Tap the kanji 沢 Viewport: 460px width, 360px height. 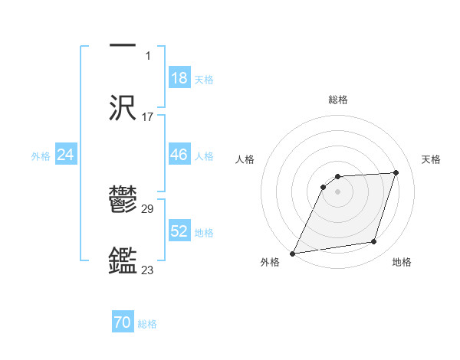pyautogui.click(x=123, y=106)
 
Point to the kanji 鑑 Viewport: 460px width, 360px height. pyautogui.click(x=123, y=260)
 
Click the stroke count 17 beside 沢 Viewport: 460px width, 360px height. pyautogui.click(x=148, y=117)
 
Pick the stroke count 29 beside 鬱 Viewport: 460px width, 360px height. pyautogui.click(x=148, y=209)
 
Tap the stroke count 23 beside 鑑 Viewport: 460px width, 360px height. pyautogui.click(x=148, y=270)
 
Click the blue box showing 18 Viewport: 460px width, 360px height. pyautogui.click(x=179, y=78)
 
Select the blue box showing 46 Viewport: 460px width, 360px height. pyautogui.click(x=179, y=155)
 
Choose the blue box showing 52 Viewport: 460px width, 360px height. pyautogui.click(x=179, y=231)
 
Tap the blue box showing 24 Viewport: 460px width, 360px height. pyautogui.click(x=66, y=155)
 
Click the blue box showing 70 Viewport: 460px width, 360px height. pyautogui.click(x=123, y=322)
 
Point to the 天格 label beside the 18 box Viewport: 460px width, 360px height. pyautogui.click(x=204, y=79)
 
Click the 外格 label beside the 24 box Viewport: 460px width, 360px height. pyautogui.click(x=41, y=155)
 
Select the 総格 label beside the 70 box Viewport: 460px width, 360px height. pyautogui.click(x=147, y=324)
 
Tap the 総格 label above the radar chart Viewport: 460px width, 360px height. pyautogui.click(x=338, y=100)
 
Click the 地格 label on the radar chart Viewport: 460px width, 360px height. pyautogui.click(x=402, y=263)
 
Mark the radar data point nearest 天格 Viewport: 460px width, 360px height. pyautogui.click(x=396, y=172)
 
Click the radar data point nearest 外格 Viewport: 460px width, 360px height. pyautogui.click(x=293, y=254)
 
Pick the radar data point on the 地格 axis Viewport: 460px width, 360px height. pyautogui.click(x=374, y=242)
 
